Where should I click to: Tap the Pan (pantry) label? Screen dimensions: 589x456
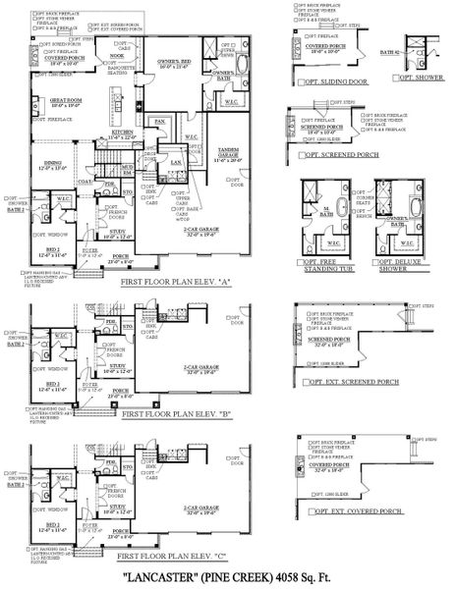coord(159,121)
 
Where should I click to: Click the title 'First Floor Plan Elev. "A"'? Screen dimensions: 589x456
coord(175,280)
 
